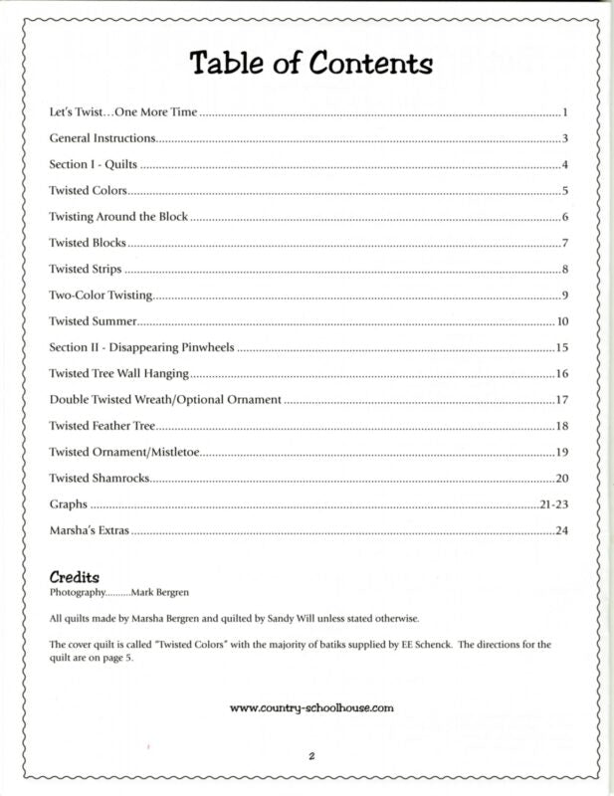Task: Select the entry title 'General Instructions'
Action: click(102, 138)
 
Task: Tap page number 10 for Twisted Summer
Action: click(561, 321)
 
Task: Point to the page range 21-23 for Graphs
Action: click(552, 504)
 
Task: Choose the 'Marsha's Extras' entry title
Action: click(90, 530)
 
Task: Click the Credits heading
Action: click(75, 577)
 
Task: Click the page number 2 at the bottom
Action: click(310, 757)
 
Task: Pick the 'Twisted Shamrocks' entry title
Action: click(100, 479)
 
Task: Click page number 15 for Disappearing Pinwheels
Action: click(561, 347)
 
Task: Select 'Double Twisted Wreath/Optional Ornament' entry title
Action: click(165, 400)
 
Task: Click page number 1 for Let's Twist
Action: click(564, 112)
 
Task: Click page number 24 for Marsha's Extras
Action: click(561, 530)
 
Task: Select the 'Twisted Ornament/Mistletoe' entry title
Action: click(124, 453)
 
